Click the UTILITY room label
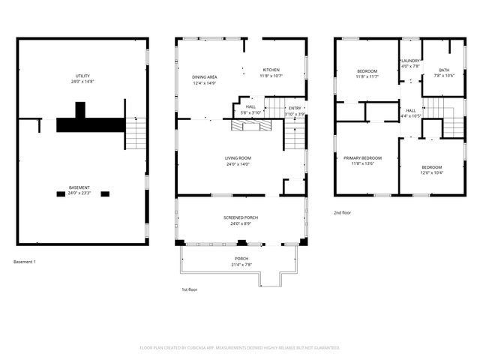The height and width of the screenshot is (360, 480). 82,76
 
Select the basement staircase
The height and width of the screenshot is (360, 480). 135,133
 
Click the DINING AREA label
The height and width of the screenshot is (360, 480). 205,76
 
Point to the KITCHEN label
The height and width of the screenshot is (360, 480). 271,70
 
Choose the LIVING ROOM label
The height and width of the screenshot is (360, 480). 238,157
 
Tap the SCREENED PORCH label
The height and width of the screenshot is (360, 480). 241,217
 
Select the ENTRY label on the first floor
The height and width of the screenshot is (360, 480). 295,108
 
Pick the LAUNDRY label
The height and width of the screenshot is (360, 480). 410,61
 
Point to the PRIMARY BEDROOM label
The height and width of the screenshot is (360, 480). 362,158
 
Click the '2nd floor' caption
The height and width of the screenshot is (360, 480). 343,213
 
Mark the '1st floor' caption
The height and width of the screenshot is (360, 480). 189,289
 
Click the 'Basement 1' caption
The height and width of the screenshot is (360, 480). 24,262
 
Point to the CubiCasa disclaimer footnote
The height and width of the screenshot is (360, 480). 240,347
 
